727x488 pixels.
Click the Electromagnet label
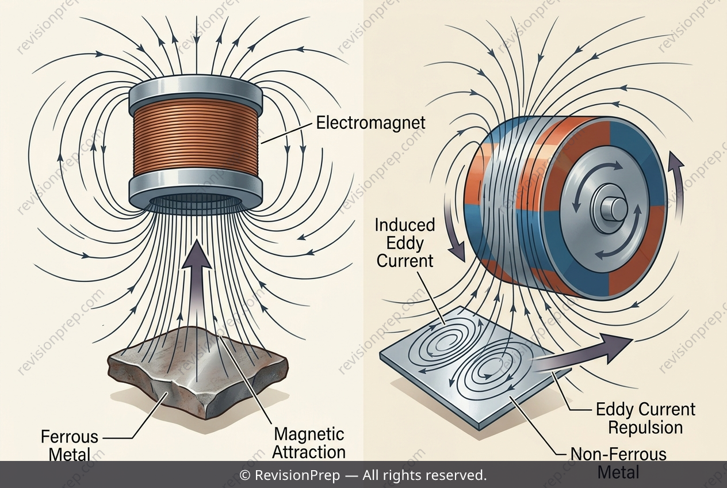(x=370, y=123)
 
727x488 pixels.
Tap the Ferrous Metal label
(x=70, y=445)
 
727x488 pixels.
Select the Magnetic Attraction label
(x=309, y=443)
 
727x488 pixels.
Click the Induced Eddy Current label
(x=405, y=243)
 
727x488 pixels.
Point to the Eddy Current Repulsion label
(x=645, y=418)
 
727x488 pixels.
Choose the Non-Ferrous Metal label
(x=618, y=463)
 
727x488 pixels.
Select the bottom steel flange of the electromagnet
(x=196, y=192)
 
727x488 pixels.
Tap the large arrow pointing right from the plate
(x=581, y=356)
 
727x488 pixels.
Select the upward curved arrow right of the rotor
(x=675, y=186)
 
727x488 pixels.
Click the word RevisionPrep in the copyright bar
(x=297, y=476)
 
